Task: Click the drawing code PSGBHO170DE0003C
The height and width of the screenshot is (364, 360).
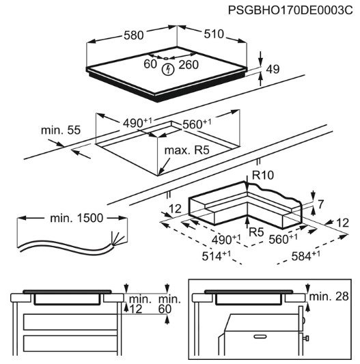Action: tap(290, 10)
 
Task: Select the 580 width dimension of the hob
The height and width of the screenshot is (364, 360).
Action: tap(134, 36)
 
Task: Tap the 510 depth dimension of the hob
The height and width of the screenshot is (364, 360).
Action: tap(214, 34)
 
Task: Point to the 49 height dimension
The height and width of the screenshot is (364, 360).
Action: tap(273, 69)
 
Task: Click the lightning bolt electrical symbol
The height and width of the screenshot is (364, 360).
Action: tap(168, 70)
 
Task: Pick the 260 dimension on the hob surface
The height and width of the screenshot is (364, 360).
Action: tap(189, 65)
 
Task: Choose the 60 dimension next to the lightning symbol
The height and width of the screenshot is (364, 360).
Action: tap(150, 64)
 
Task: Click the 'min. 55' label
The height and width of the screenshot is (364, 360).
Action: tap(61, 130)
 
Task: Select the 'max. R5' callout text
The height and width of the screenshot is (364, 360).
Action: tap(186, 150)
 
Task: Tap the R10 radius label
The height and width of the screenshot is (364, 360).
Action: tap(263, 175)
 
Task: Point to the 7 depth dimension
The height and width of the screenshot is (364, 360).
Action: tap(320, 204)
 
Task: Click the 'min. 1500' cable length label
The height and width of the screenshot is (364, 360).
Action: tap(77, 219)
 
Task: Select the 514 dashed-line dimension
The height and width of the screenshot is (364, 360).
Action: tap(217, 255)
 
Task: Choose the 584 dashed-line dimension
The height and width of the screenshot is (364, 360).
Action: tap(305, 255)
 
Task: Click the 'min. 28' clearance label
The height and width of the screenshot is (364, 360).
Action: tap(329, 296)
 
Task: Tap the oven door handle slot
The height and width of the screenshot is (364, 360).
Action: tap(261, 337)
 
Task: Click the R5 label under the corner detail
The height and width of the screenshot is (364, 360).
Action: tap(256, 232)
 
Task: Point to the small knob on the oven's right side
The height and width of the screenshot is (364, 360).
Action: tap(306, 338)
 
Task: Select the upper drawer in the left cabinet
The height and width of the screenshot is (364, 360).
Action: tap(70, 322)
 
